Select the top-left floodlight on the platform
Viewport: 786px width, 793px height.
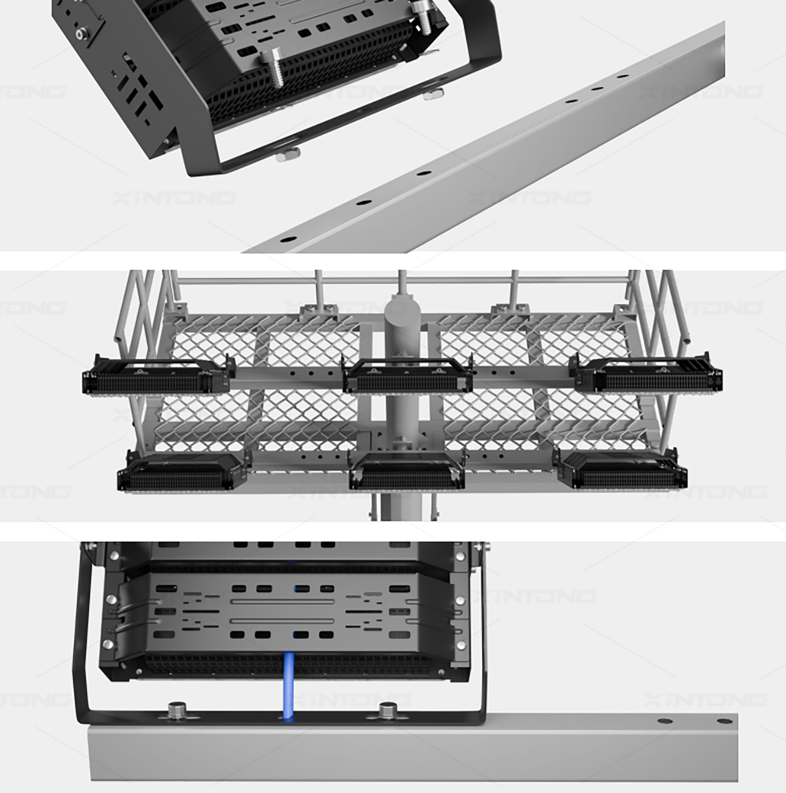click(x=156, y=376)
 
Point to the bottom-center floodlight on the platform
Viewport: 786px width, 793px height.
click(x=406, y=472)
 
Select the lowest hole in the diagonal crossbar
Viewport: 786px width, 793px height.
click(x=287, y=239)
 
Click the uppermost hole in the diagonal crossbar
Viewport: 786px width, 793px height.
click(x=623, y=77)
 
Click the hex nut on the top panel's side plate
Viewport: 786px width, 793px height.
click(x=81, y=34)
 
